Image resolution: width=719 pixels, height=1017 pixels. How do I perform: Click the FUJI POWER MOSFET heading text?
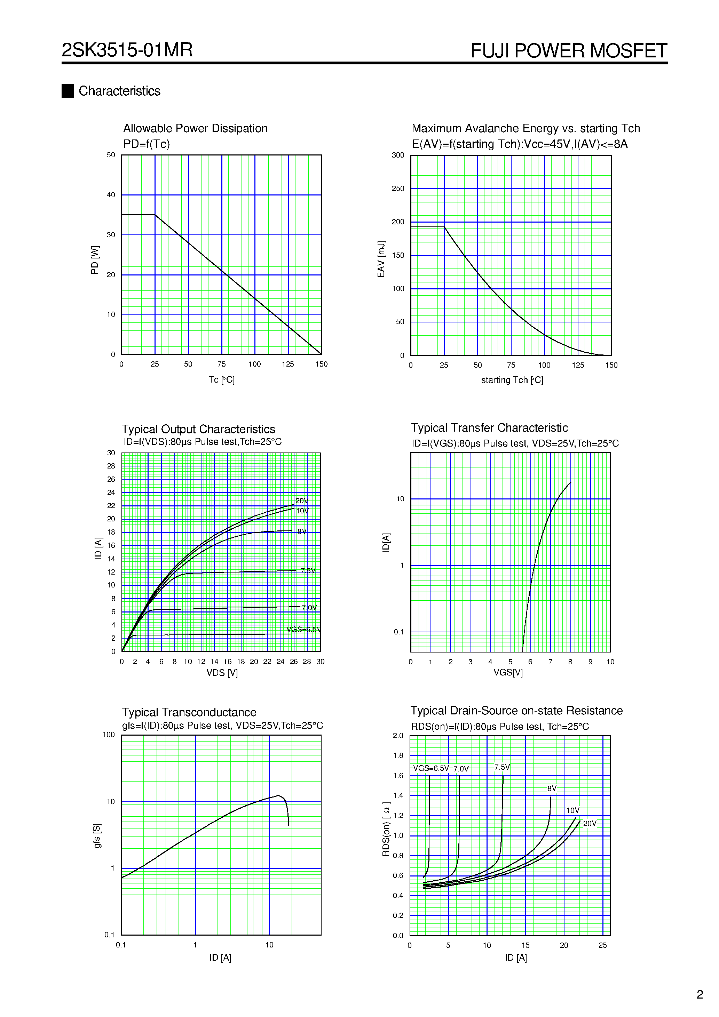568,50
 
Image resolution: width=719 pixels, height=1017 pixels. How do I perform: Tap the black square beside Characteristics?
68,91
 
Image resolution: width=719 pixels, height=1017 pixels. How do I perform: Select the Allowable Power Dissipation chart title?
195,128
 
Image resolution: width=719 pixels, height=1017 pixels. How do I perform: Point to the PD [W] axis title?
94,260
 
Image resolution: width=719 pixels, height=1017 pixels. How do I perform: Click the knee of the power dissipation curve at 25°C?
155,215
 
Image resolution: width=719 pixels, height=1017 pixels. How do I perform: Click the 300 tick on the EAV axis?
398,155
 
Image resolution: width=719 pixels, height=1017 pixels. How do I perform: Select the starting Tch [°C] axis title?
512,380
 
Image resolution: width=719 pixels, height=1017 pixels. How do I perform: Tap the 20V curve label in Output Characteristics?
302,501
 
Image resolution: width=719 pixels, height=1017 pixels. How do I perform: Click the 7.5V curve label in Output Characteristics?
308,570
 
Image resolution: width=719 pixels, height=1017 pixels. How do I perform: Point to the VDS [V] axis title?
222,673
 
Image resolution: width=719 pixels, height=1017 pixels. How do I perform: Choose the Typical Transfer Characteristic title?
489,428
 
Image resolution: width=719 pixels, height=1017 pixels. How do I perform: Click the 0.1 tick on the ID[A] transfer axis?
398,632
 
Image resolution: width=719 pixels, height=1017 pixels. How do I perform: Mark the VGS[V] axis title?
508,672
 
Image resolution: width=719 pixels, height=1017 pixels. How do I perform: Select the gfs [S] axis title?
97,836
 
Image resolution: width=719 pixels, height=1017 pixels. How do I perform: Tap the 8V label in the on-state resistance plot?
552,788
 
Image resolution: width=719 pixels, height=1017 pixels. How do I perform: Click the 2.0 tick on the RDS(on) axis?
398,736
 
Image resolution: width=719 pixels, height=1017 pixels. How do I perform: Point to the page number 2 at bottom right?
700,994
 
